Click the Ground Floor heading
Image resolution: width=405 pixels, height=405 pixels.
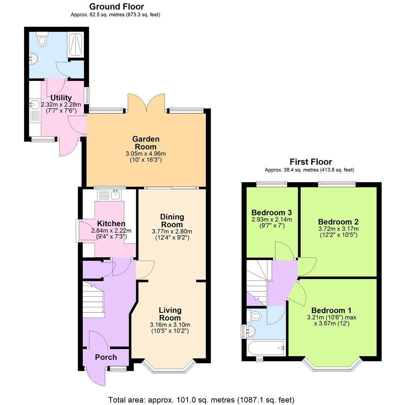[x=117, y=6]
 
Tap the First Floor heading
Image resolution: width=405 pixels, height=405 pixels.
[x=311, y=162]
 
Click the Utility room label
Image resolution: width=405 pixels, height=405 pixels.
[x=61, y=98]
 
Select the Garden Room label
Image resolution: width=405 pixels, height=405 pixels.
[x=145, y=143]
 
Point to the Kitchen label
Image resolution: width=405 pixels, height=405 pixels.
[x=111, y=223]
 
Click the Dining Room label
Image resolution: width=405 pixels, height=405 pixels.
[x=172, y=220]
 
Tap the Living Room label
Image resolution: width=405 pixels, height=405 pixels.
[x=170, y=314]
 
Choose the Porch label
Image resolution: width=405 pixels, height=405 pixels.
[x=106, y=357]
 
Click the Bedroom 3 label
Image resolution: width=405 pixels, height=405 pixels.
[x=271, y=213]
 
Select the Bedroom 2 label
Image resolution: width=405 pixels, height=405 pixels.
[x=338, y=222]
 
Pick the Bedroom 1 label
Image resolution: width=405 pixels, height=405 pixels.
[x=331, y=310]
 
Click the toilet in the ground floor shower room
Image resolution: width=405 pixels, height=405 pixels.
[x=42, y=39]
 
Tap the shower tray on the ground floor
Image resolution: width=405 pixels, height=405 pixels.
[x=75, y=45]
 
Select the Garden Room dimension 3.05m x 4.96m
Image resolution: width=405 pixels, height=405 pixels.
[x=145, y=154]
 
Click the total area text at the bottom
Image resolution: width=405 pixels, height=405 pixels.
[x=201, y=400]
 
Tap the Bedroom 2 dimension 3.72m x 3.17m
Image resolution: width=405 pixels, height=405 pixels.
[x=338, y=229]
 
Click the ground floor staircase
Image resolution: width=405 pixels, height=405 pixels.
[x=93, y=300]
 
